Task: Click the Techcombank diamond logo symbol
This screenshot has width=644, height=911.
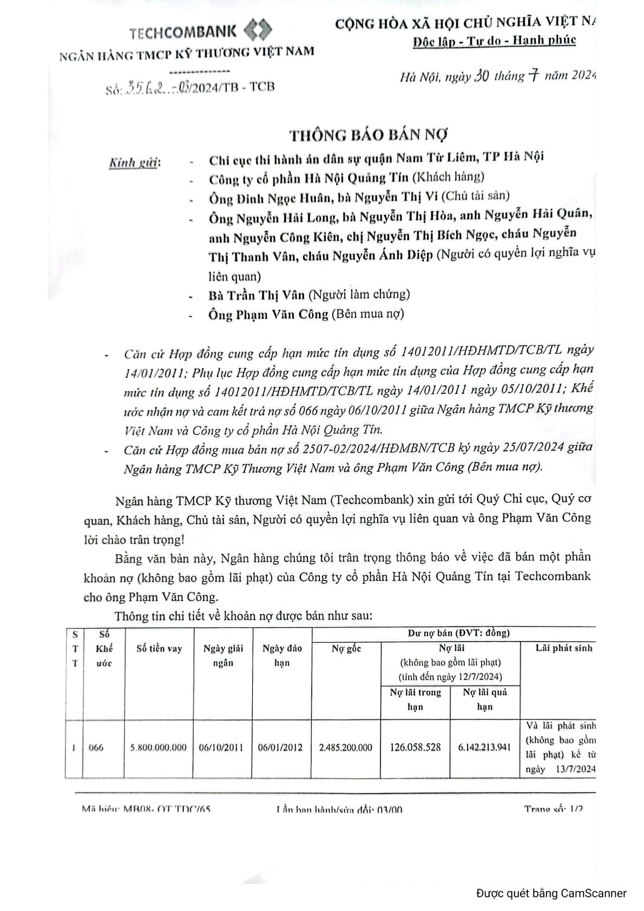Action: point(258,30)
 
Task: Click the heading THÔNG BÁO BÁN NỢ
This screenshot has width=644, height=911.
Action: point(369,134)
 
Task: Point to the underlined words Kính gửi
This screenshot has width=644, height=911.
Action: point(133,162)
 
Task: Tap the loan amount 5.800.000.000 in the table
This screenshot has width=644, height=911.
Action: point(159,748)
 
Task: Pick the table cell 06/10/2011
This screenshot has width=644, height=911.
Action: point(221,748)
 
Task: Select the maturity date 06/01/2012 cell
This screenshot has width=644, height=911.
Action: point(280,748)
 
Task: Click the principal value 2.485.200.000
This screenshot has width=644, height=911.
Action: point(346,748)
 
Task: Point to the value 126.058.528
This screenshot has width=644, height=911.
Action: point(415,748)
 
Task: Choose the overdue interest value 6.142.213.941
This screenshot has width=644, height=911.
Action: point(484,748)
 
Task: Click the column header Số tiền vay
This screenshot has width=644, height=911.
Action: point(159,648)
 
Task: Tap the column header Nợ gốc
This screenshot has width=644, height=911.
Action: point(346,648)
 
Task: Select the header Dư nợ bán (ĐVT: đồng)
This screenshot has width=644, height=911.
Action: point(458,633)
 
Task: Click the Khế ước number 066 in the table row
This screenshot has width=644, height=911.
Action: point(96,748)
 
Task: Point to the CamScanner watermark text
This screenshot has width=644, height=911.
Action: point(551,893)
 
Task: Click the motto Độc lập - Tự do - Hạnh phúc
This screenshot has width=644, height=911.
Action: point(494,41)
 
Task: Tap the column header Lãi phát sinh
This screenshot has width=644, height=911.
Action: point(564,648)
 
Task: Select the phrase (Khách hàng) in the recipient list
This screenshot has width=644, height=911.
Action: point(448,176)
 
